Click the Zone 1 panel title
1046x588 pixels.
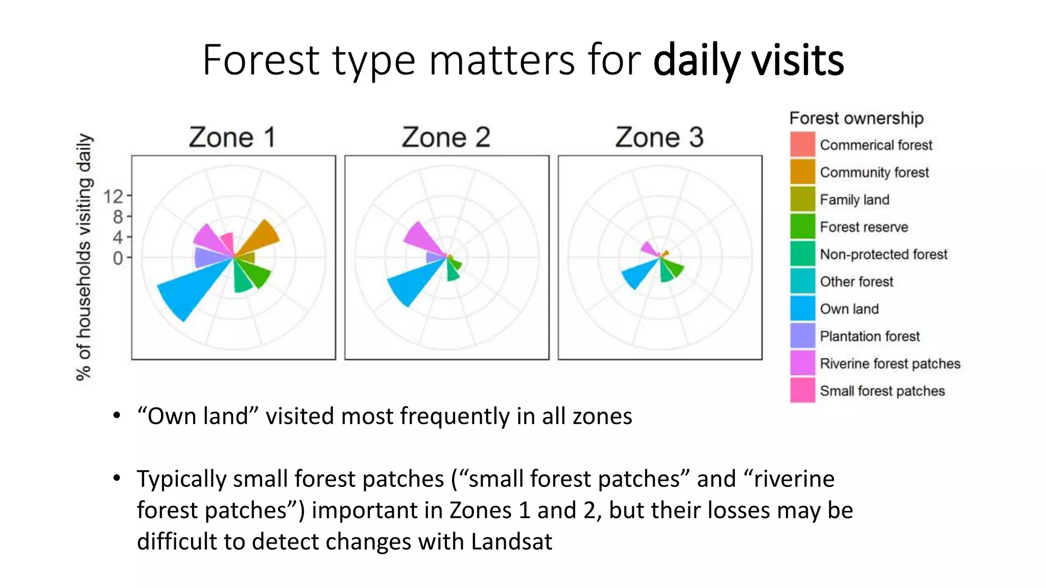232,137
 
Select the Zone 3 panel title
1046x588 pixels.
659,137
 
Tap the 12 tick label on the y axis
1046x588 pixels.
113,196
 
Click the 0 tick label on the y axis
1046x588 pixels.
117,258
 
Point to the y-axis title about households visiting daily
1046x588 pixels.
84,257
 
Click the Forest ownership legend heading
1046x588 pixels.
856,118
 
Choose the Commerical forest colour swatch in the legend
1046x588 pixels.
802,144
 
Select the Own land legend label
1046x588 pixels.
849,309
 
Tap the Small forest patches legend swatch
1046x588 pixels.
802,390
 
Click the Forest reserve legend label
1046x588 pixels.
864,227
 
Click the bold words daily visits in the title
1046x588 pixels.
748,60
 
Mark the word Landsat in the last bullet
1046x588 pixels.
511,542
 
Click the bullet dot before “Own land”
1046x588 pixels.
117,415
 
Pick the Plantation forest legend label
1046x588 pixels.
869,336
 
